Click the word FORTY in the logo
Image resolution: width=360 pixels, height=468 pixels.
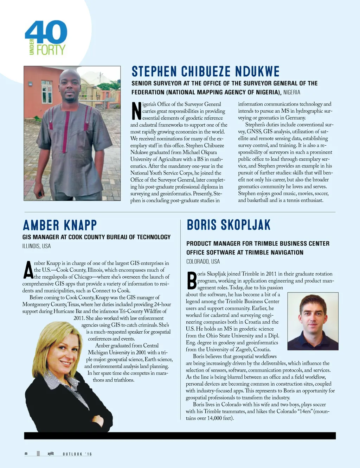point(51,50)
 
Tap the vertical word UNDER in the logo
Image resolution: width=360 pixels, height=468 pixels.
point(32,47)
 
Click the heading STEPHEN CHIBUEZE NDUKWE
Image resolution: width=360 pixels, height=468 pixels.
point(205,71)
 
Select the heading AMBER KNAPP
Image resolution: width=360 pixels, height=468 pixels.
point(60,225)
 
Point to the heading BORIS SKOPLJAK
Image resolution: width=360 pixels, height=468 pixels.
point(229,225)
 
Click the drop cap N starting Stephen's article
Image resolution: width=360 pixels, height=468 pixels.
point(136,111)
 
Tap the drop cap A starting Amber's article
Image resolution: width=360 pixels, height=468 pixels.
point(28,270)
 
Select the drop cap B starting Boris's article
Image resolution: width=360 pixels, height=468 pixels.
point(192,281)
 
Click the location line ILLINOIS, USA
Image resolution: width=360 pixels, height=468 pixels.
point(37,246)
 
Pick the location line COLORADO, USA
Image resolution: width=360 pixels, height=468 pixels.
point(203,261)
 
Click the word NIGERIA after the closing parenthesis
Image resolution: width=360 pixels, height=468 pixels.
point(292,92)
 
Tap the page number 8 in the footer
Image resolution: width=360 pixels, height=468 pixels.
point(26,454)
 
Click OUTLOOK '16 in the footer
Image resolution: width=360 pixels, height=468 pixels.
point(77,454)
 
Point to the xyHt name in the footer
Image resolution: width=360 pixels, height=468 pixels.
point(51,454)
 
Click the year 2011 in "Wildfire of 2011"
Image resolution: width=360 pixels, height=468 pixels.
point(79,318)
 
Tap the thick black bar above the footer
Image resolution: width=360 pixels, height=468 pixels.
point(180,436)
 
